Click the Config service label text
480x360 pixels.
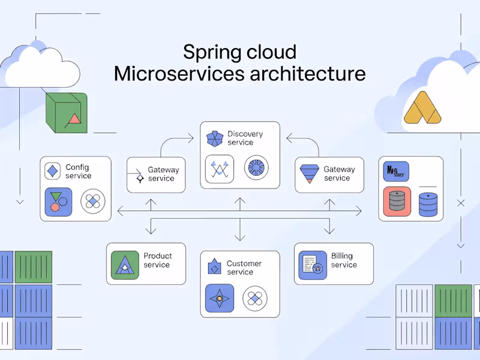78,172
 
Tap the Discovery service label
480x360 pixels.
244,138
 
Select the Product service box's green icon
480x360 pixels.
125,265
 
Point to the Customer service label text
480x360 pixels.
244,268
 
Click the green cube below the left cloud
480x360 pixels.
67,112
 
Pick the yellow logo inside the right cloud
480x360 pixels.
422,108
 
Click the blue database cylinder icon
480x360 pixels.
428,204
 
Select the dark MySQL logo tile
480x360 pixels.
395,171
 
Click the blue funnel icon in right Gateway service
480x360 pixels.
309,173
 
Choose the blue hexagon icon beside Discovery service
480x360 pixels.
214,139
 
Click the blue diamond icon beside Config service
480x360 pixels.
53,171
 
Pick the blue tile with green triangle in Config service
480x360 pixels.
58,202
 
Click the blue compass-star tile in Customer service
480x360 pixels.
219,298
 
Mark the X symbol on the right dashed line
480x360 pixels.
461,203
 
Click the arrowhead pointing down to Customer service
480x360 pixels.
240,238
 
